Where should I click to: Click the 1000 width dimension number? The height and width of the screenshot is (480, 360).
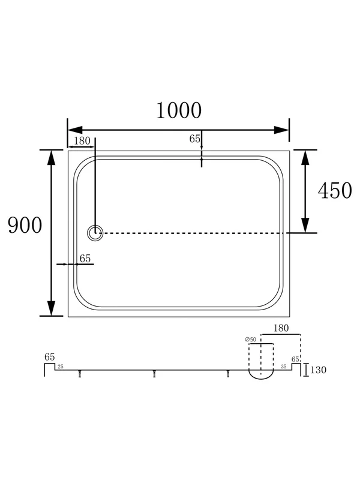[179, 110]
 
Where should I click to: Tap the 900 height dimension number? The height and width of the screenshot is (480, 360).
[25, 225]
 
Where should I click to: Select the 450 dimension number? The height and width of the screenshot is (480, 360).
[335, 190]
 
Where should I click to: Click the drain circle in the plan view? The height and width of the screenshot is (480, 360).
[95, 233]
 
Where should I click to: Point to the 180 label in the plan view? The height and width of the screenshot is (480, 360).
[82, 141]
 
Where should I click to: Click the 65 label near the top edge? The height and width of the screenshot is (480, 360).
[194, 139]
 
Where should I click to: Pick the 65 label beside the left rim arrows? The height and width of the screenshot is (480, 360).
[85, 259]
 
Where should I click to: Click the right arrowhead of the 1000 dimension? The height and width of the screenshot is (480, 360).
[281, 130]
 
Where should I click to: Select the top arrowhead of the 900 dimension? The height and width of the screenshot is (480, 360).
[52, 158]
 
